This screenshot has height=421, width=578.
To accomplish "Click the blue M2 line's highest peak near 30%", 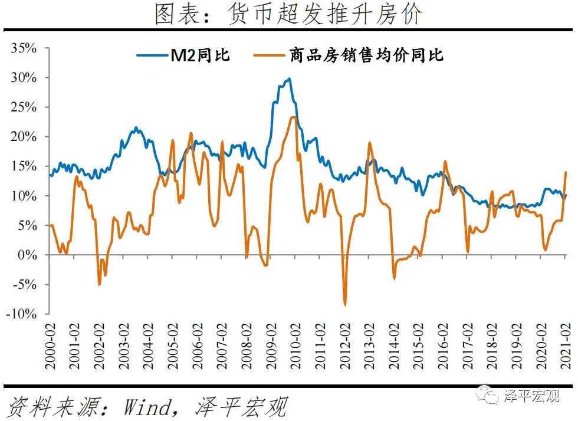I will point(288,78).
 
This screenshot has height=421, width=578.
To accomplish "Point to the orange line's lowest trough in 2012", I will point(345,305).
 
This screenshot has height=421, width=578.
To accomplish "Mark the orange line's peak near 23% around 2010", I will point(293,117).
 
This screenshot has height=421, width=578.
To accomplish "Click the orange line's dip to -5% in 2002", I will point(99,285).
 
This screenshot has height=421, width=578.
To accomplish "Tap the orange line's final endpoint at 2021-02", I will point(566,172).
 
